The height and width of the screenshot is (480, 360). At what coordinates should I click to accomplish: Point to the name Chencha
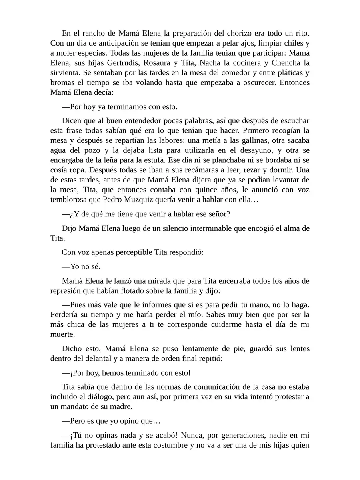pyautogui.click(x=284, y=63)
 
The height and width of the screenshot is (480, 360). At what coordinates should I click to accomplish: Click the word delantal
pyautogui.click(x=105, y=358)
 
